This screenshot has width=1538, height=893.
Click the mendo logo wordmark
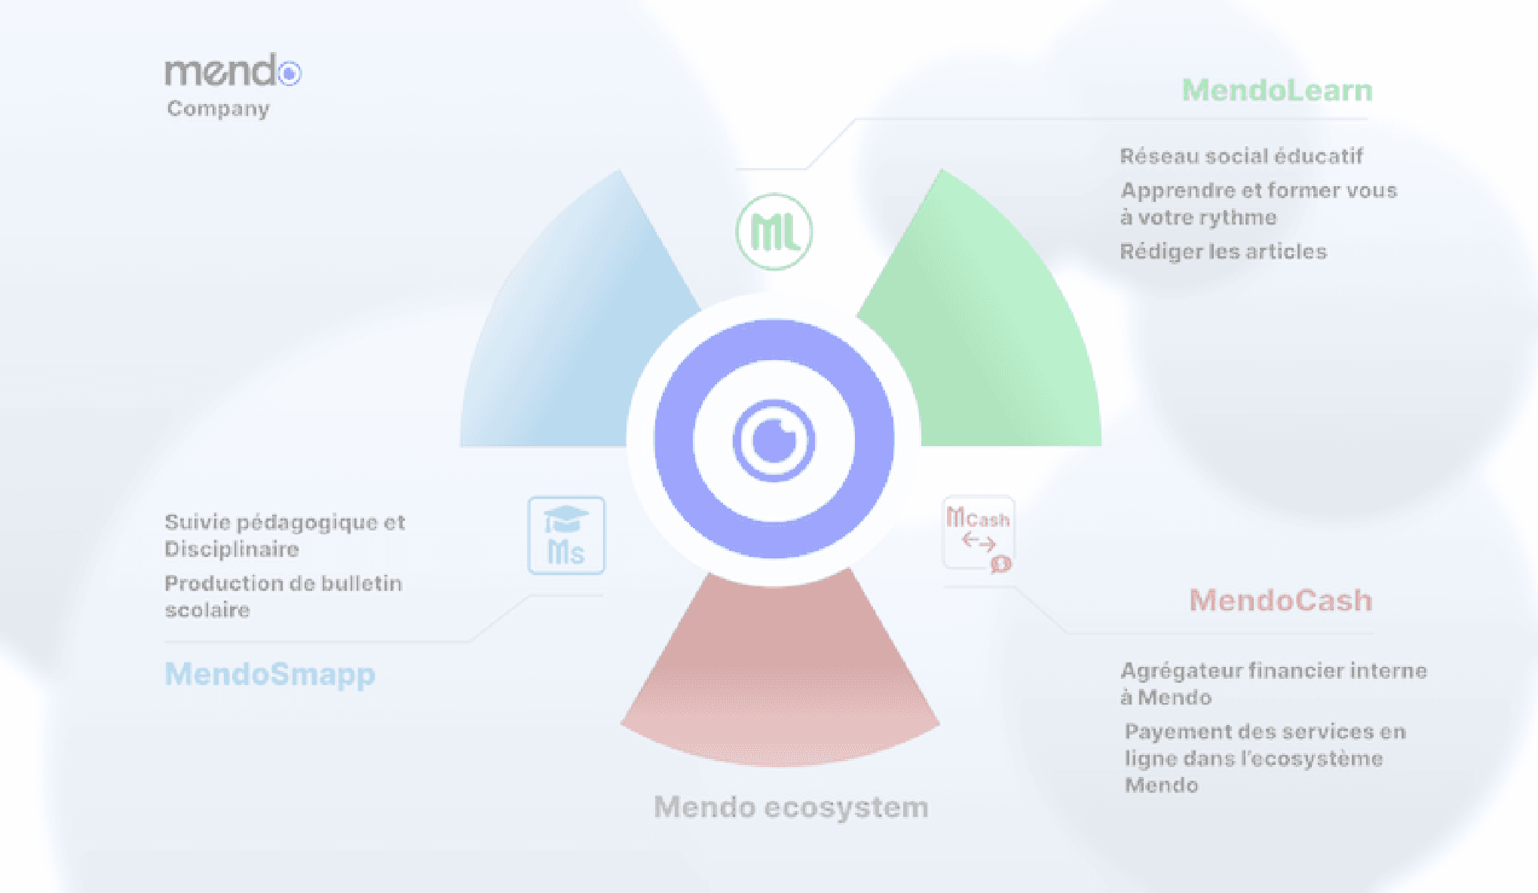click(x=233, y=71)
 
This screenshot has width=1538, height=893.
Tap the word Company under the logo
click(x=218, y=109)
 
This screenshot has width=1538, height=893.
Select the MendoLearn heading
click(x=1277, y=90)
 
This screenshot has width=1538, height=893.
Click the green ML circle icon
click(x=774, y=232)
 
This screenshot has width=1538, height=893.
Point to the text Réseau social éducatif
click(x=1241, y=156)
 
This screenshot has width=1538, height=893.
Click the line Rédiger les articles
click(x=1223, y=251)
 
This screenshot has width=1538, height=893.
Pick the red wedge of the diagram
click(x=780, y=678)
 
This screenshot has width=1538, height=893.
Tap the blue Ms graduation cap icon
click(x=566, y=535)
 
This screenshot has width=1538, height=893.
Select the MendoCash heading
click(x=1281, y=601)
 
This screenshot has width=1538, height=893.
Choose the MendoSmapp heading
click(x=270, y=674)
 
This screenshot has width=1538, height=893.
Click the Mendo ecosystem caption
click(x=791, y=807)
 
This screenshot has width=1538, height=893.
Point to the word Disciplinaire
click(x=231, y=549)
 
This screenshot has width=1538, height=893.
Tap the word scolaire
click(x=207, y=610)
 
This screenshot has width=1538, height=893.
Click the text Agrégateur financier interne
click(x=1273, y=671)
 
